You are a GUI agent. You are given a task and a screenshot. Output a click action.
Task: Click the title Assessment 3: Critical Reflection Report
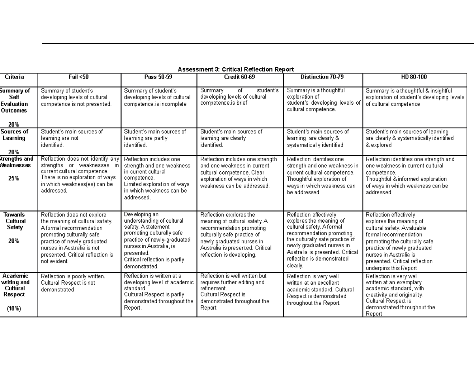point(235,69)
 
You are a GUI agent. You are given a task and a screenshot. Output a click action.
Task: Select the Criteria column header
point(14,77)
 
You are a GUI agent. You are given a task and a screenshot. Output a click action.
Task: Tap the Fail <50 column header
point(79,77)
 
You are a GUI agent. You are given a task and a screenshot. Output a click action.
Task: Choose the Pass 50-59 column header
point(158,77)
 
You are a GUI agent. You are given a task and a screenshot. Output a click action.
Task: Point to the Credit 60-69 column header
point(239,77)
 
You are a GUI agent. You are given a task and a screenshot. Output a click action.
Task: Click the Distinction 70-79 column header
point(322,77)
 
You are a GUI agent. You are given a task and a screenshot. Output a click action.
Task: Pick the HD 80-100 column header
point(414,77)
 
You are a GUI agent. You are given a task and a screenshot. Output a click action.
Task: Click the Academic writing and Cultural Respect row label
point(15,285)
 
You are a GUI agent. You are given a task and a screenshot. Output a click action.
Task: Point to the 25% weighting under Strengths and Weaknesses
point(13,178)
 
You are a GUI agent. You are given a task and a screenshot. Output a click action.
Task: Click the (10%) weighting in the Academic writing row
point(13,309)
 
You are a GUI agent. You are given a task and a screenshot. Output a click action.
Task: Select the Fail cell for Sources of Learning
point(71,138)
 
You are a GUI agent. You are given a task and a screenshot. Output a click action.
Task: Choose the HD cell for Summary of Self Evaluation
point(415,97)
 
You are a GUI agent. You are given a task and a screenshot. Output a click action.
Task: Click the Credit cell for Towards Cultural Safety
point(235,235)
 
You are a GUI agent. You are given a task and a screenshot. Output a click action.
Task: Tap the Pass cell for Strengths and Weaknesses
point(157,178)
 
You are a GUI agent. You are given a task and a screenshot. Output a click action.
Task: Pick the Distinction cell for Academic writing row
point(316,290)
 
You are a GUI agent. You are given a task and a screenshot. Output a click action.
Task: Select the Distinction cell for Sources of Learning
point(318,138)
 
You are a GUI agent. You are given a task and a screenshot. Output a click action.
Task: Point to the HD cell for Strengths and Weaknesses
point(410,176)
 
